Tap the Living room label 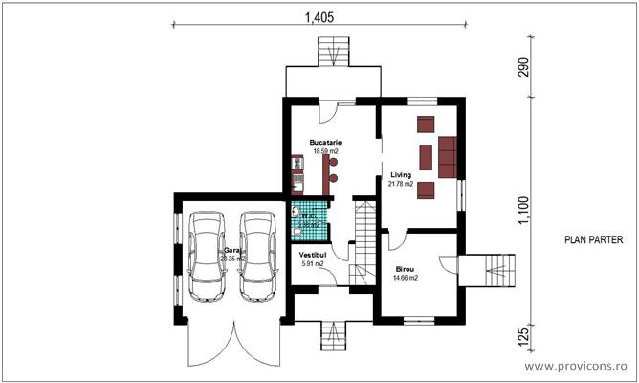tap(401, 175)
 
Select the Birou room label tap(407, 269)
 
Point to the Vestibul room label tap(313, 255)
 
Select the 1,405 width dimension tap(319, 16)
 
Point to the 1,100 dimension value tap(524, 211)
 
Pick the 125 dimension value tap(524, 337)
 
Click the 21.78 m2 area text tap(401, 184)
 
